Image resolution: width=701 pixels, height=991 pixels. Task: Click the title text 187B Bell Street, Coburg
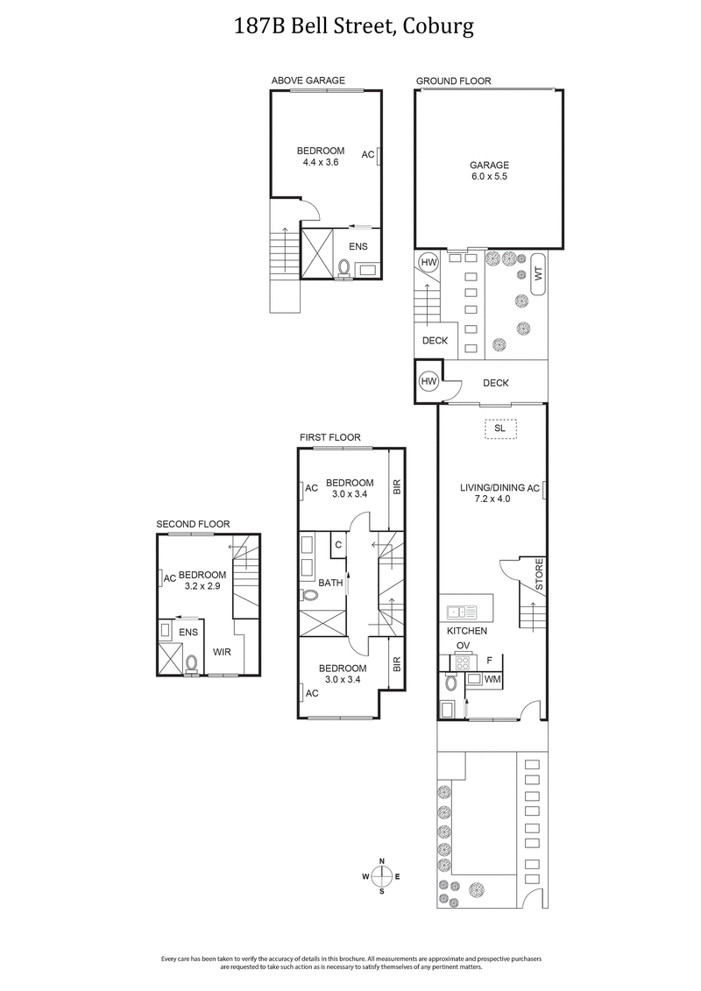pyautogui.click(x=354, y=26)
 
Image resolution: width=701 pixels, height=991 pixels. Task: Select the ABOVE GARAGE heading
pyautogui.click(x=308, y=81)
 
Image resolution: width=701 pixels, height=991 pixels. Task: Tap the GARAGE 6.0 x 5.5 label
pyautogui.click(x=488, y=170)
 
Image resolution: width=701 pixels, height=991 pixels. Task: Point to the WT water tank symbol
pyautogui.click(x=537, y=273)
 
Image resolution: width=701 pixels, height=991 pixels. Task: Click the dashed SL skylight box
pyautogui.click(x=499, y=428)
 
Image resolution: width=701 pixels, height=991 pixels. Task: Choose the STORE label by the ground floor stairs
pyautogui.click(x=540, y=573)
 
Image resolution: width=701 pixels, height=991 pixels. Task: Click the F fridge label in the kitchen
pyautogui.click(x=490, y=661)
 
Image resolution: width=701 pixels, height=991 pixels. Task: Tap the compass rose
pyautogui.click(x=382, y=876)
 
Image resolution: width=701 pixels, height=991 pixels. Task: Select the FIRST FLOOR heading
pyautogui.click(x=329, y=437)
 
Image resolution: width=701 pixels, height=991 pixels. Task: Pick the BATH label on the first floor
pyautogui.click(x=330, y=583)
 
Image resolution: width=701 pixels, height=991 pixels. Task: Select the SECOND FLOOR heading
pyautogui.click(x=193, y=524)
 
